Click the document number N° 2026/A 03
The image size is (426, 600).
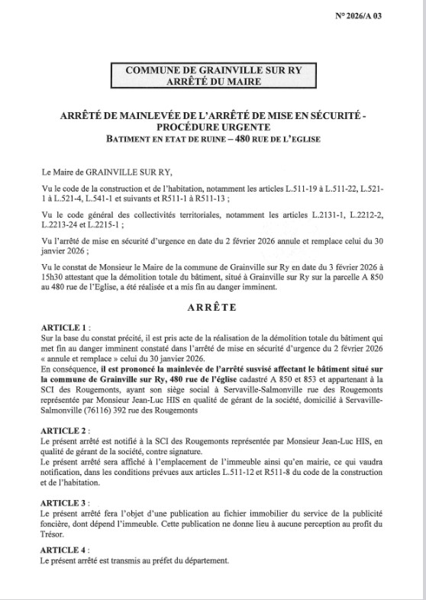coord(380,16)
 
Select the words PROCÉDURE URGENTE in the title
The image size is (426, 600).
coord(213,127)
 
